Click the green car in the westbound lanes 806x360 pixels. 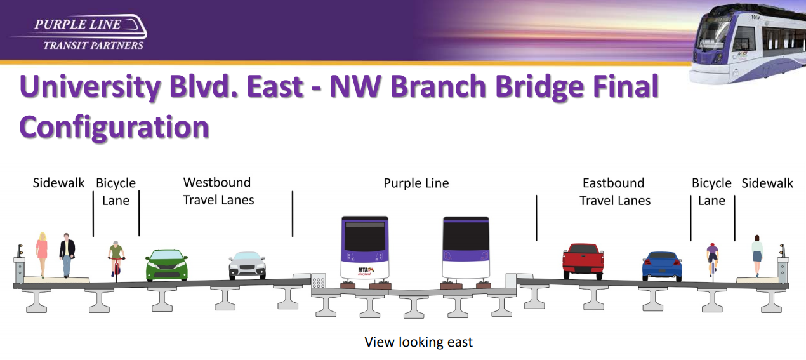[x=167, y=265]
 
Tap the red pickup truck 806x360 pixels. [x=583, y=261]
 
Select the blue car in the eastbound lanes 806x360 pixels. [x=662, y=266]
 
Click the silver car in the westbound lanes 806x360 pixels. [x=248, y=265]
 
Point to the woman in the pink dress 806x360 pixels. [x=42, y=255]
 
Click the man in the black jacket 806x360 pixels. [x=67, y=255]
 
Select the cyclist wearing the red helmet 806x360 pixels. [x=712, y=260]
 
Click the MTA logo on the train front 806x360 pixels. [x=366, y=270]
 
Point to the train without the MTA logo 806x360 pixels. [x=466, y=248]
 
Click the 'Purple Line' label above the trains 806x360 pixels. [x=416, y=183]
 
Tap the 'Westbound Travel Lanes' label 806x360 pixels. [x=218, y=191]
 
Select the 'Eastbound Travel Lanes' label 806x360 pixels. [x=615, y=192]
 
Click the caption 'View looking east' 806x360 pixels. [x=418, y=342]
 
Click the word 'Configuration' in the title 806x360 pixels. [x=114, y=128]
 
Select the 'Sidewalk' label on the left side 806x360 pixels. [x=58, y=183]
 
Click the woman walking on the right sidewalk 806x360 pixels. [x=756, y=256]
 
